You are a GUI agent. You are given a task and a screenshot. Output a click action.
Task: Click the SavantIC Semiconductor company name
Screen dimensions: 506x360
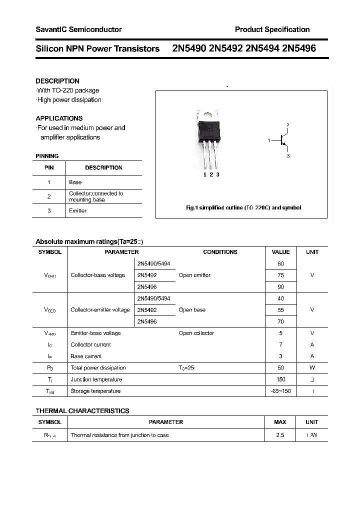pyautogui.click(x=78, y=29)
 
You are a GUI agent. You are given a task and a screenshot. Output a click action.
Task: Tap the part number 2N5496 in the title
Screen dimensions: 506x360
pyautogui.click(x=298, y=48)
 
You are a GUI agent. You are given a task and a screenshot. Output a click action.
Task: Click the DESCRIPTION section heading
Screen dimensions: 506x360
pyautogui.click(x=57, y=81)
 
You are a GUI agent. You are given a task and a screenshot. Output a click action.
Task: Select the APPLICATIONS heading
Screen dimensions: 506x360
pyautogui.click(x=59, y=118)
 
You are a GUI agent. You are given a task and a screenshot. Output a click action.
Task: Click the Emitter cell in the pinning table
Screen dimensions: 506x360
pyautogui.click(x=77, y=211)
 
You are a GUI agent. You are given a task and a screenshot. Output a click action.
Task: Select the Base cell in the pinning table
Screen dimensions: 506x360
pyautogui.click(x=75, y=182)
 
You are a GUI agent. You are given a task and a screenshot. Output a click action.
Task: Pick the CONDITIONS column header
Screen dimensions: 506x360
pyautogui.click(x=220, y=252)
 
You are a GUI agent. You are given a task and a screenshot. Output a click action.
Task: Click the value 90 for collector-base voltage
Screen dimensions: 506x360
pyautogui.click(x=280, y=287)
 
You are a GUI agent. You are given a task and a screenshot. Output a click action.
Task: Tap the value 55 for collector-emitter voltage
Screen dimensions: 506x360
pyautogui.click(x=280, y=310)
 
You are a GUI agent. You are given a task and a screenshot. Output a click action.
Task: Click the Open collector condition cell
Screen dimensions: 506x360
pyautogui.click(x=196, y=333)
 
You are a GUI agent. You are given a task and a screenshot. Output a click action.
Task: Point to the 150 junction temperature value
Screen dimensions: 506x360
pyautogui.click(x=280, y=379)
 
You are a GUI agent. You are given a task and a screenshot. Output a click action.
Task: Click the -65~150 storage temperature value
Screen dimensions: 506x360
pyautogui.click(x=280, y=391)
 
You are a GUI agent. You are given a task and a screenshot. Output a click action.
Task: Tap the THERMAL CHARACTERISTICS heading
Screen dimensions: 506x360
pyautogui.click(x=82, y=411)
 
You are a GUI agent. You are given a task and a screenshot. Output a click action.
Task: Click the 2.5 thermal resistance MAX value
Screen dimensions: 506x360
pyautogui.click(x=280, y=435)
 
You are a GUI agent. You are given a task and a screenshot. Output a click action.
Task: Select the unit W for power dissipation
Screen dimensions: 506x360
pyautogui.click(x=312, y=368)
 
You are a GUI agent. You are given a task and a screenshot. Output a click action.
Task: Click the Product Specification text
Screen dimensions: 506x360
pyautogui.click(x=272, y=29)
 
